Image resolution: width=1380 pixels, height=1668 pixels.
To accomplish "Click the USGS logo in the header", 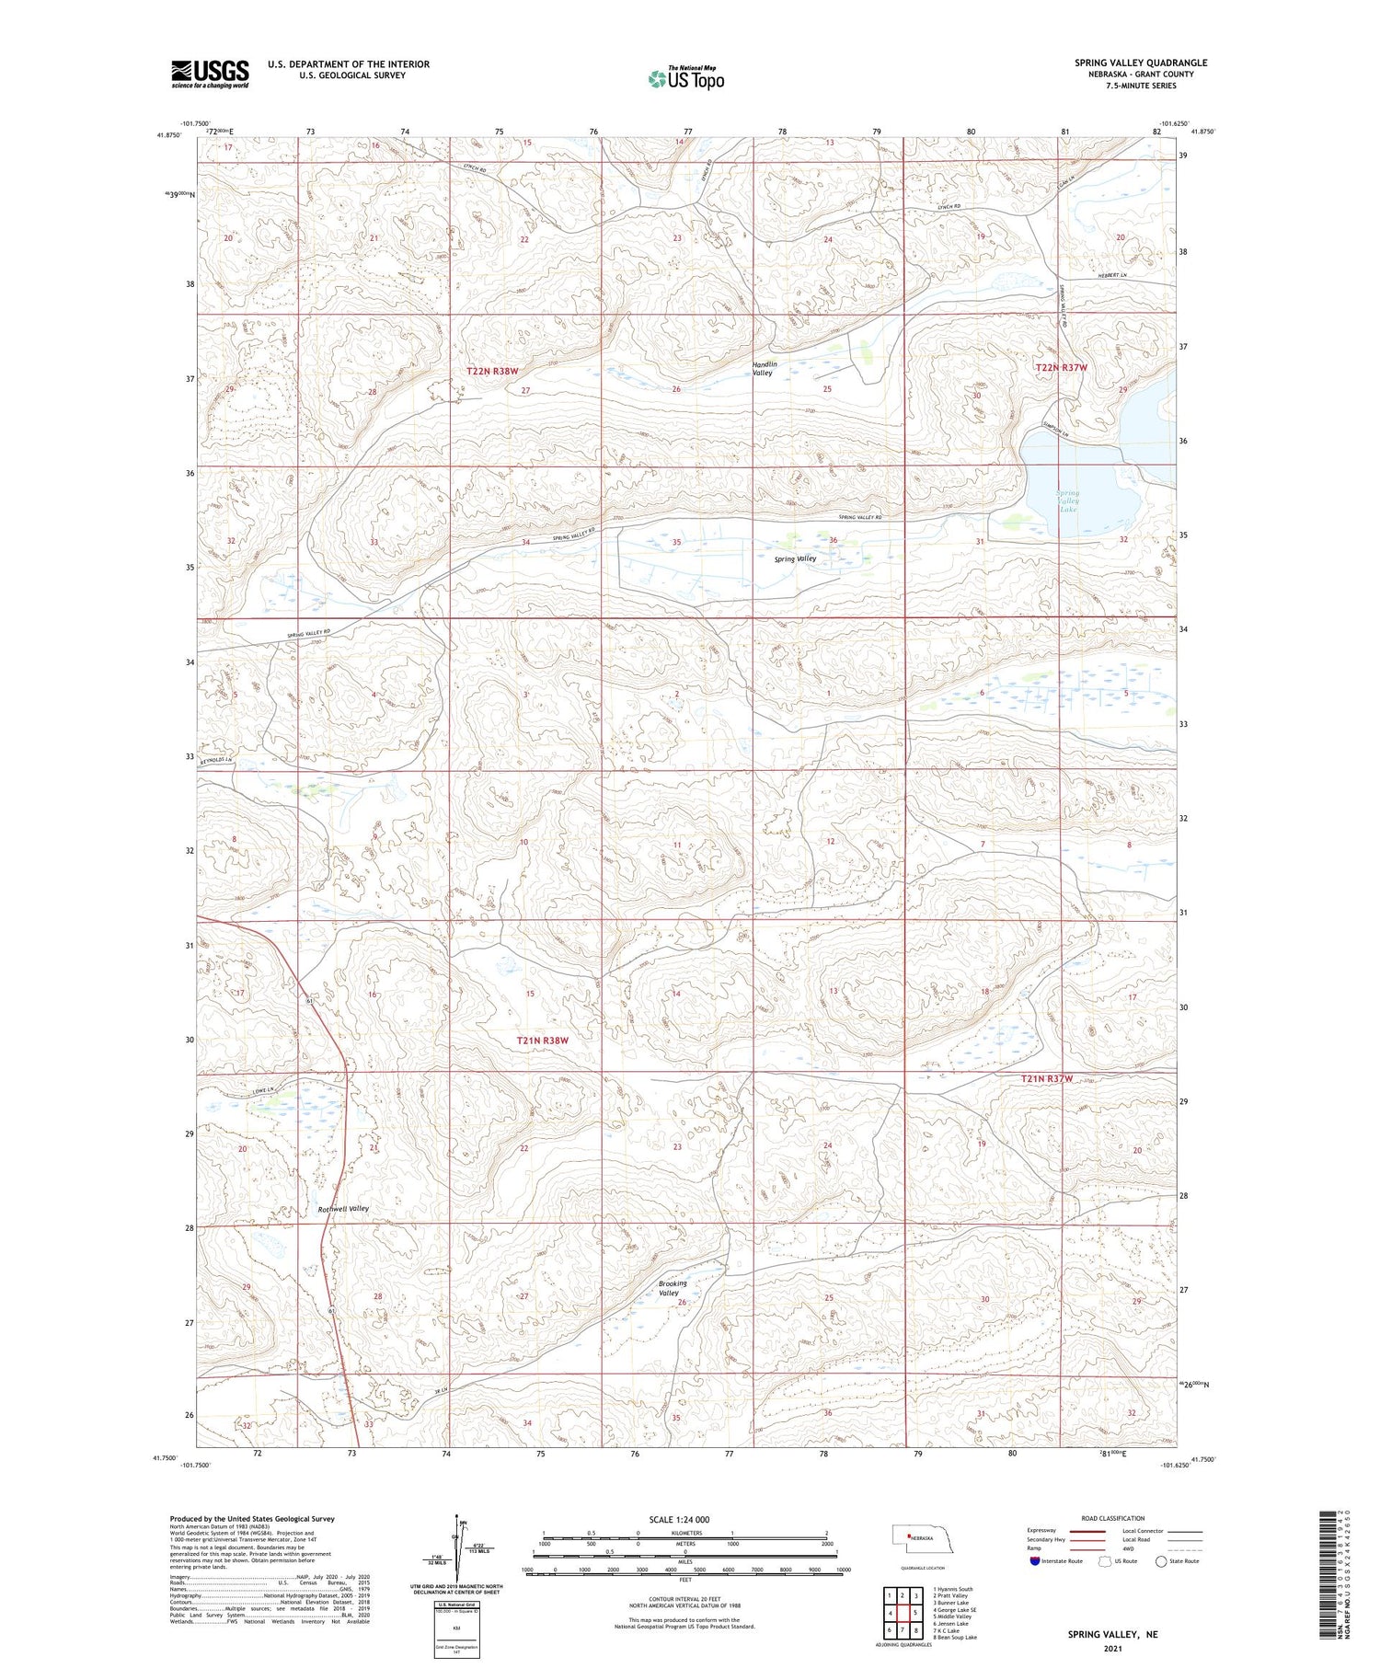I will click(x=210, y=74).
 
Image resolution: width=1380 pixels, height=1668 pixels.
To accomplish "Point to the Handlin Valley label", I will click(x=764, y=368).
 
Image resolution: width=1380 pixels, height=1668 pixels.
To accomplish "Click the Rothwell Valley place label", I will click(x=342, y=1208).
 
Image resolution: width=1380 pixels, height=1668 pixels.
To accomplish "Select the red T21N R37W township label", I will click(x=1047, y=1078).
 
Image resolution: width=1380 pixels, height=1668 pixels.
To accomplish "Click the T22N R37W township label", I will click(x=1061, y=367).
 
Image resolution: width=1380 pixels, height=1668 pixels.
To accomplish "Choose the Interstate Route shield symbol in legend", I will click(x=1036, y=1561).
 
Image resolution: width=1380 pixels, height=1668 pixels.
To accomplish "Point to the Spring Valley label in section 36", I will click(x=795, y=558).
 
